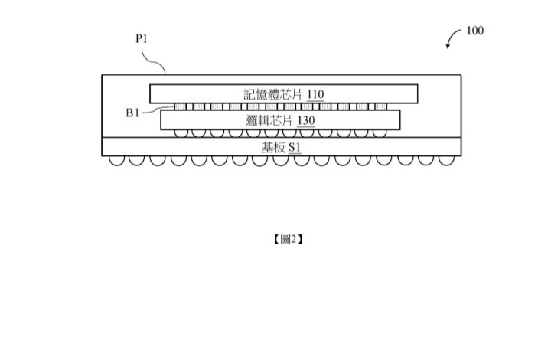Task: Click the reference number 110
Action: [315, 94]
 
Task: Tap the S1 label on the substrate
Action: [295, 147]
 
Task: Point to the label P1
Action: [141, 37]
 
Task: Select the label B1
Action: [132, 113]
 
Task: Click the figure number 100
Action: [474, 31]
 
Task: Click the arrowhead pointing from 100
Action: [449, 47]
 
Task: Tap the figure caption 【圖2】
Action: [288, 239]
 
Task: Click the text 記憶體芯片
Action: [273, 94]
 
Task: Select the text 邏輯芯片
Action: [265, 119]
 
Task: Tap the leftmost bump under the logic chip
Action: [181, 133]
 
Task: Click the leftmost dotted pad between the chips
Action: [181, 106]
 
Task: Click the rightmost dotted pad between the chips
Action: [383, 106]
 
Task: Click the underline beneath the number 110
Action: [315, 100]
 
